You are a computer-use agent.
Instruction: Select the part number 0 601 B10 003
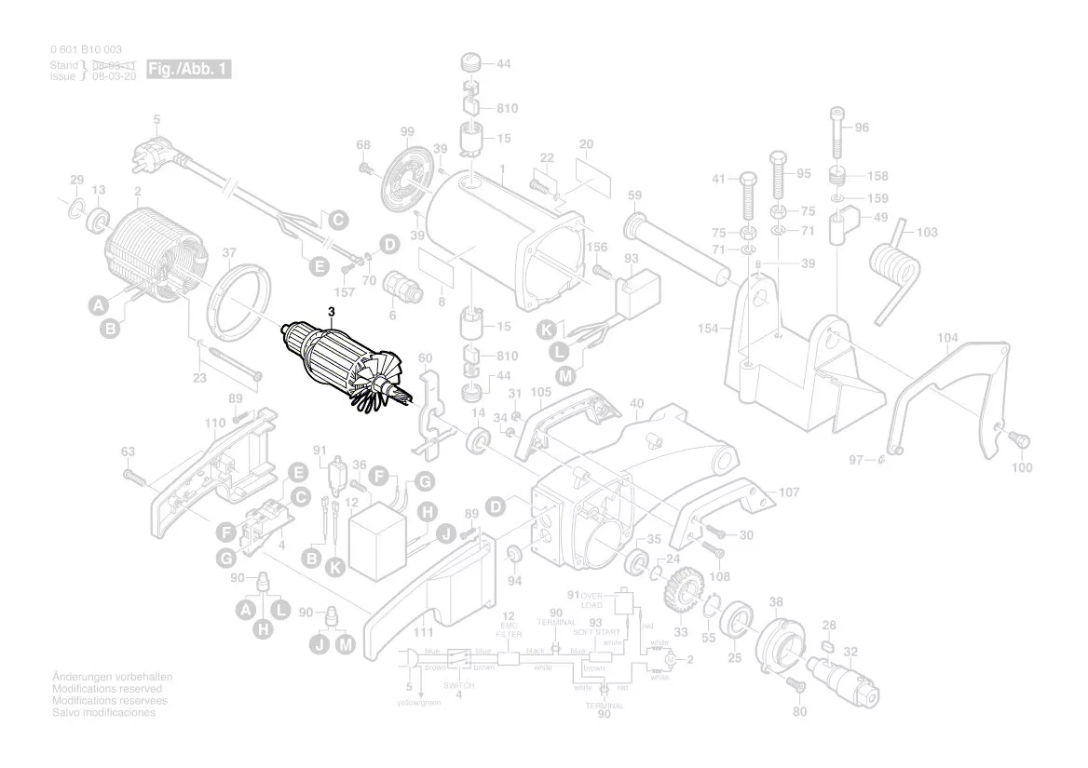coord(85,49)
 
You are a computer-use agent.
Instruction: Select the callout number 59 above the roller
coord(634,195)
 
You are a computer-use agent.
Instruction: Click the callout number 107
coord(789,492)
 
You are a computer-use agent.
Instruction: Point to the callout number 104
coord(947,337)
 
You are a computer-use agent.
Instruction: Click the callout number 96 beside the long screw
coord(861,128)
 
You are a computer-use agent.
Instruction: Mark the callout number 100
coord(1022,467)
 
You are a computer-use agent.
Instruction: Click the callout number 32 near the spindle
coord(850,652)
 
